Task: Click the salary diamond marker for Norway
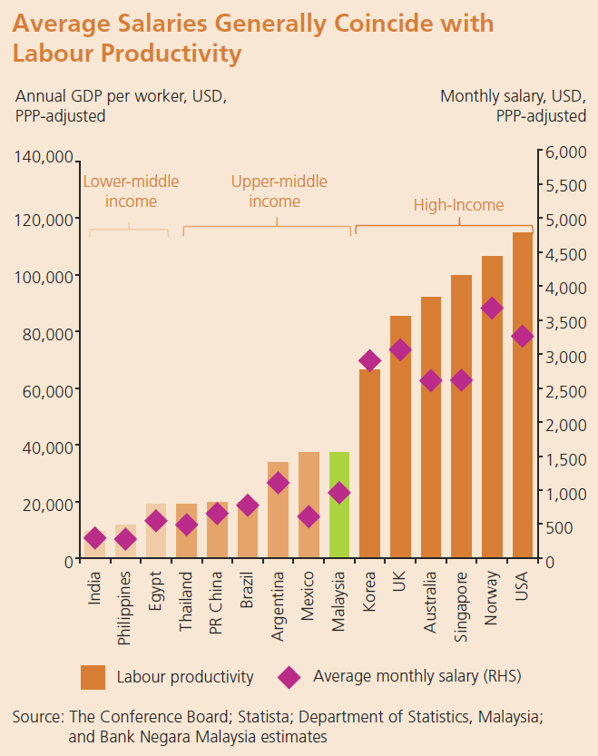[x=492, y=309]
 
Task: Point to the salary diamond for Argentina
[x=279, y=483]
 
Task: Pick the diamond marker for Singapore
[x=461, y=380]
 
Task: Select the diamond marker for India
[x=95, y=538]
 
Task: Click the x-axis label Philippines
[x=126, y=607]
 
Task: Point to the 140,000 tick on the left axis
[x=44, y=158]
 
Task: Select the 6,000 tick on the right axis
[x=564, y=152]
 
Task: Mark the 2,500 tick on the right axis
[x=564, y=391]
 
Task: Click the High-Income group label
[x=458, y=205]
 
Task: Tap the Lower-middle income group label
[x=131, y=191]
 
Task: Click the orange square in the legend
[x=93, y=677]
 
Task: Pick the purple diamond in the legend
[x=289, y=677]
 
